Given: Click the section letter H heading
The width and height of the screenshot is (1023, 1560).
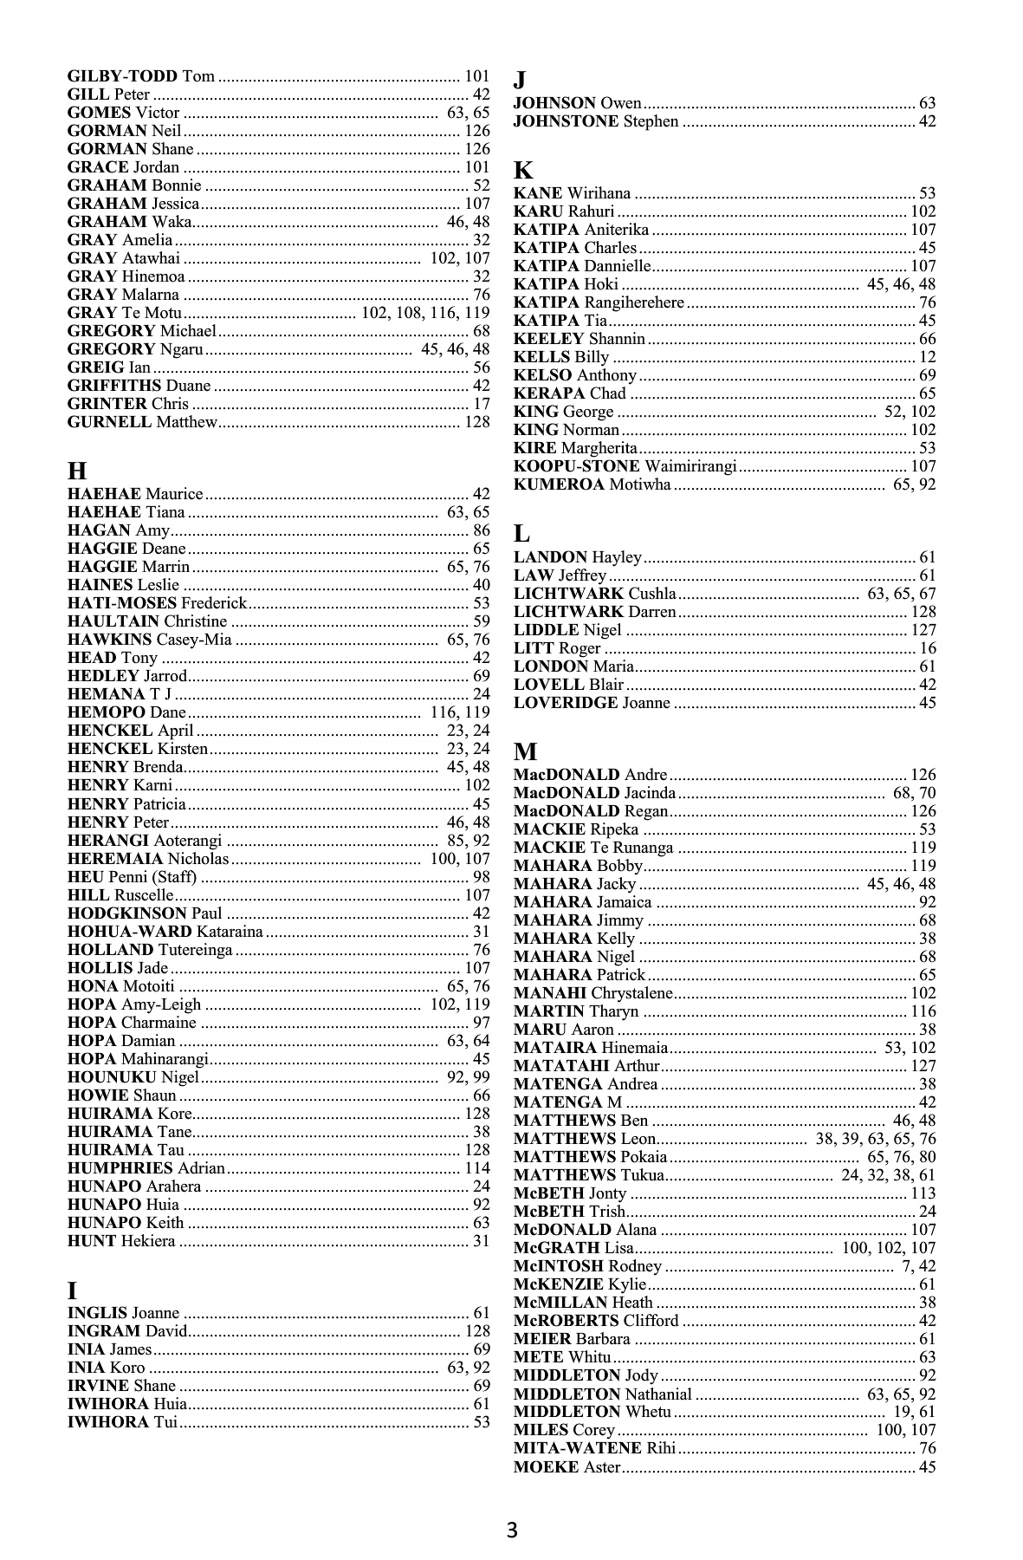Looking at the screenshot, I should tap(77, 471).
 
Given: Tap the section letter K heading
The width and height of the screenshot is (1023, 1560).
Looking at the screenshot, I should tap(523, 170).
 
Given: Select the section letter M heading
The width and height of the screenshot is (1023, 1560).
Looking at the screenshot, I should tap(526, 751).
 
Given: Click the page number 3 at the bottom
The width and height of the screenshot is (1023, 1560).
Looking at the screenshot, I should tap(512, 1530).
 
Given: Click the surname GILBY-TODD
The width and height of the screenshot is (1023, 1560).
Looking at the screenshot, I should tap(122, 76).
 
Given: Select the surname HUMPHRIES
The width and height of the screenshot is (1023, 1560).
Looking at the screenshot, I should tap(120, 1168).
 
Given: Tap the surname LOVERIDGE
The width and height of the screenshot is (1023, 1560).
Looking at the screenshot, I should tap(566, 703).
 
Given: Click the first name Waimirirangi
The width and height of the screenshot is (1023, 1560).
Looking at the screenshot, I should tap(691, 466).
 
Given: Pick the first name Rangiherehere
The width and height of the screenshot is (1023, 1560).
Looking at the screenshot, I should tap(634, 302).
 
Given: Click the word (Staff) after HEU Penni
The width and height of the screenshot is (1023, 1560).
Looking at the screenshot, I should tap(173, 877).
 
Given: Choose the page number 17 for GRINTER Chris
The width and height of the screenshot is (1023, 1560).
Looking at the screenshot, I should tap(481, 404).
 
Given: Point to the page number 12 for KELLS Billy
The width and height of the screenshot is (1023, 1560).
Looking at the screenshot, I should tap(927, 357).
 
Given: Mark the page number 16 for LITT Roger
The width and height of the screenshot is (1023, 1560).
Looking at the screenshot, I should tap(927, 648).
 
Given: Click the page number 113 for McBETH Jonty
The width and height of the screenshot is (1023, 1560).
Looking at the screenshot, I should tap(923, 1193).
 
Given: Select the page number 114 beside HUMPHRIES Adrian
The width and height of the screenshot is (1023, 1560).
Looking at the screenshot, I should tap(477, 1168).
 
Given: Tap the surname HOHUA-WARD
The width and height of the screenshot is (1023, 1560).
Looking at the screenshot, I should tap(130, 932).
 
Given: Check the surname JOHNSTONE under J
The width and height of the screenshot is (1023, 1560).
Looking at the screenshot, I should tap(566, 121).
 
